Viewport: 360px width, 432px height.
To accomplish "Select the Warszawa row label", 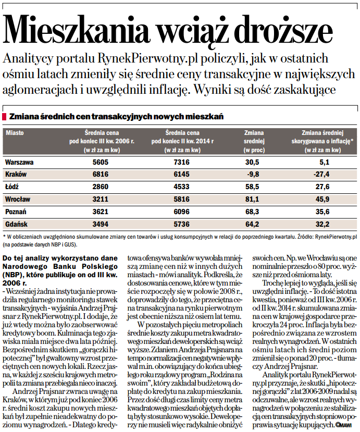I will coord(20,162).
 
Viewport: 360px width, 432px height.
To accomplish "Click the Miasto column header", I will coord(15,133).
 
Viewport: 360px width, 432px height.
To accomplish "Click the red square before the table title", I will coord(5,116).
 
